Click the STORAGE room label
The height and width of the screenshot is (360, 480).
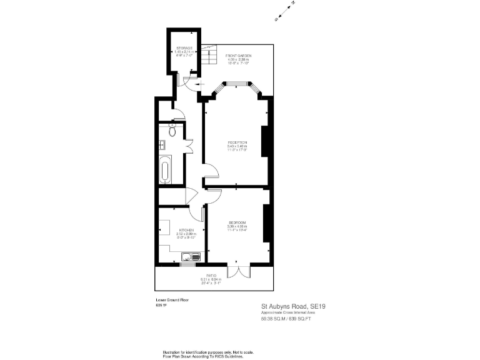(183, 47)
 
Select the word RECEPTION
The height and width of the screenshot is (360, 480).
(237, 142)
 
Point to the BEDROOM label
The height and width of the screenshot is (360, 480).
(237, 223)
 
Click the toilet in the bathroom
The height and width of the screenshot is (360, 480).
(172, 129)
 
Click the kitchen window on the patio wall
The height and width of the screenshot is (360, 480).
(188, 264)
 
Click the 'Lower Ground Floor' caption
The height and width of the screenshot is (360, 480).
(172, 301)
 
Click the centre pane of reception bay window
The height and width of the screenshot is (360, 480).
(237, 82)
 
